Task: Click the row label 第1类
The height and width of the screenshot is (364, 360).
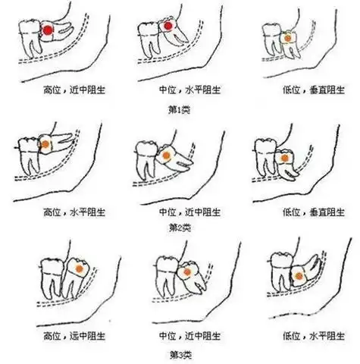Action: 180,108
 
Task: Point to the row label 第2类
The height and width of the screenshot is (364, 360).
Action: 180,227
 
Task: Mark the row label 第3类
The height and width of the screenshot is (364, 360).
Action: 180,353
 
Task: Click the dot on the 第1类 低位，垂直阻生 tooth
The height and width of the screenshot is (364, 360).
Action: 288,36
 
